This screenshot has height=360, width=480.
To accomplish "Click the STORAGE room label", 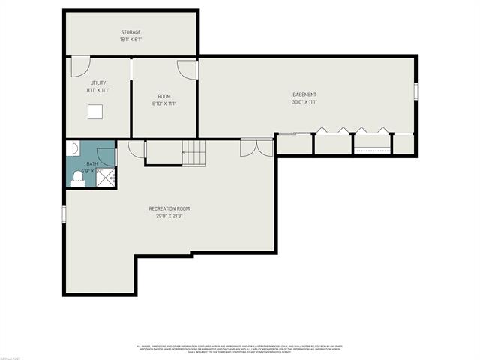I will point(131,32).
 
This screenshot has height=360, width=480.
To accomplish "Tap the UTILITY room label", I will point(97,82).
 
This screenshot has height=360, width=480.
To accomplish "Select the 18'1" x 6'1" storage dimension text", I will point(131,40).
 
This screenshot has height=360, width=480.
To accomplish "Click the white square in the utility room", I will point(94,112).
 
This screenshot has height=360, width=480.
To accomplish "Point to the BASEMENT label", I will point(304,94).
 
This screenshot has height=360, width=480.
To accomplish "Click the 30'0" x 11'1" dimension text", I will point(304,103).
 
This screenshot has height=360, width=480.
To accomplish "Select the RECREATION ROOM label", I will point(169,208).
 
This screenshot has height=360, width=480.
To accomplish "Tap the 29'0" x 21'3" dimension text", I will point(169,216).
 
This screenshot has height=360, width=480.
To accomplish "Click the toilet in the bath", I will point(76,178).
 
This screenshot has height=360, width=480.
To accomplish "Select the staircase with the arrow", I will point(196,154).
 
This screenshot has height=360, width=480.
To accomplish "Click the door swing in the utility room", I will point(76,68).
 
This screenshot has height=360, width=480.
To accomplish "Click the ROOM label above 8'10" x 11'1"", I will point(163,95).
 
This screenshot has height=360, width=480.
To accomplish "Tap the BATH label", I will point(91,163).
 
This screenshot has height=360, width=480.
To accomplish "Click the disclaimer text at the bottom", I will point(239,349).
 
